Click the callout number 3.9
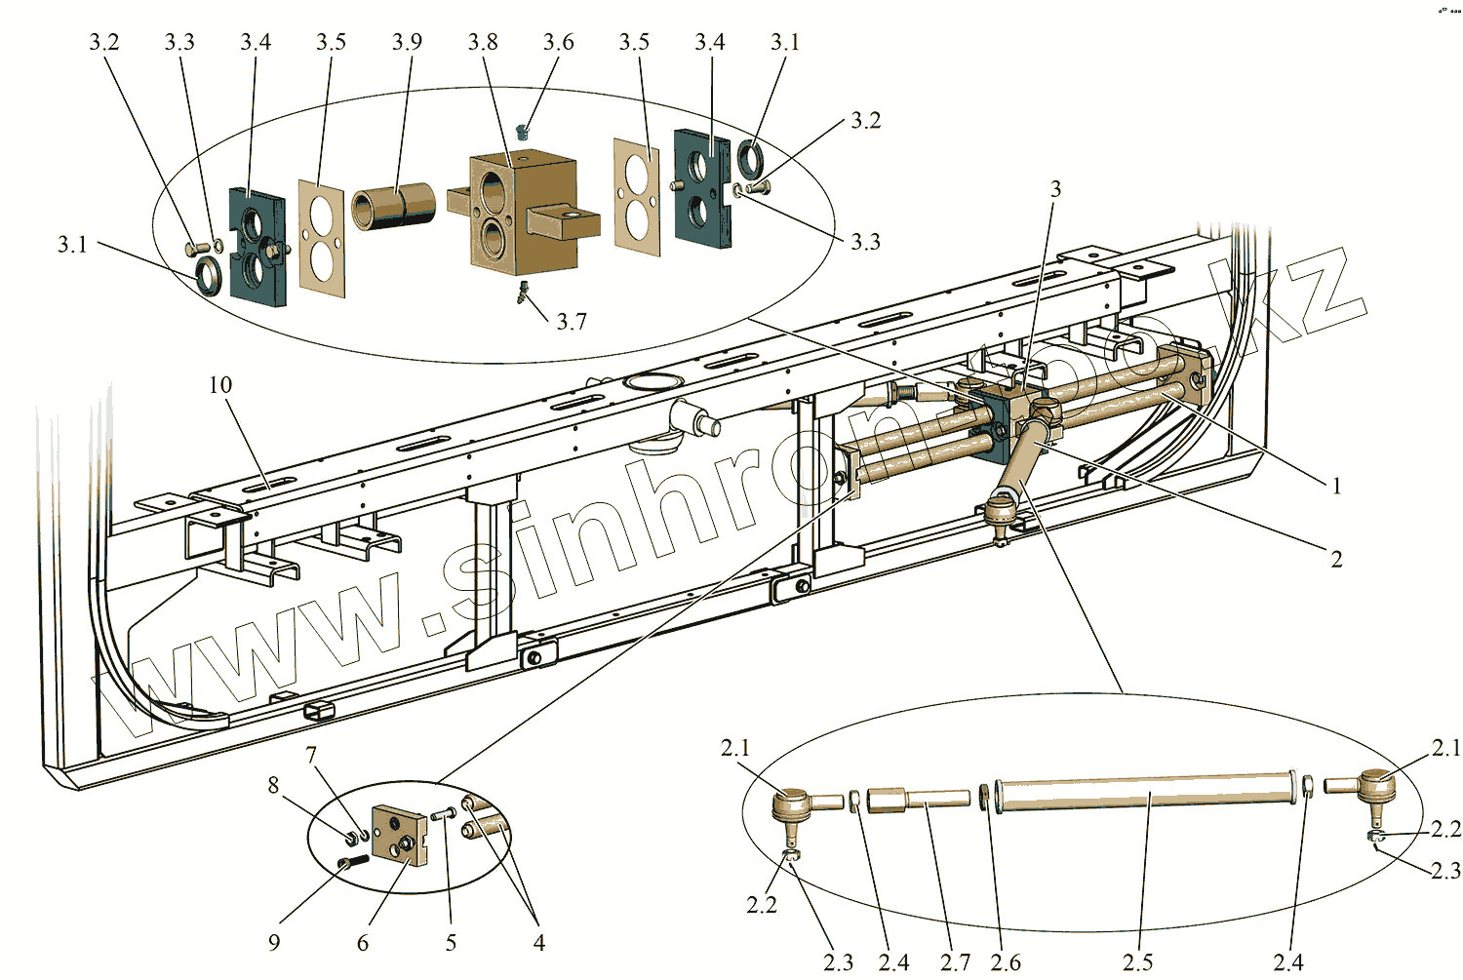coord(407,42)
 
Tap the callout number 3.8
coord(483,42)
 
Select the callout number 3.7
coord(572,322)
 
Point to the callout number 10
coord(220,385)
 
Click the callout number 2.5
coord(1137,962)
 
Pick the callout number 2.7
coord(955,962)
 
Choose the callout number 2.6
coord(1006,962)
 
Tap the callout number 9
coord(274,942)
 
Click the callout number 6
coord(363,943)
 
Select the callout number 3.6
coord(559,42)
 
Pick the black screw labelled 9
coord(351,862)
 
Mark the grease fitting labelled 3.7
coord(523,291)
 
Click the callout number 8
coord(273,785)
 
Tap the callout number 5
coord(451,943)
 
